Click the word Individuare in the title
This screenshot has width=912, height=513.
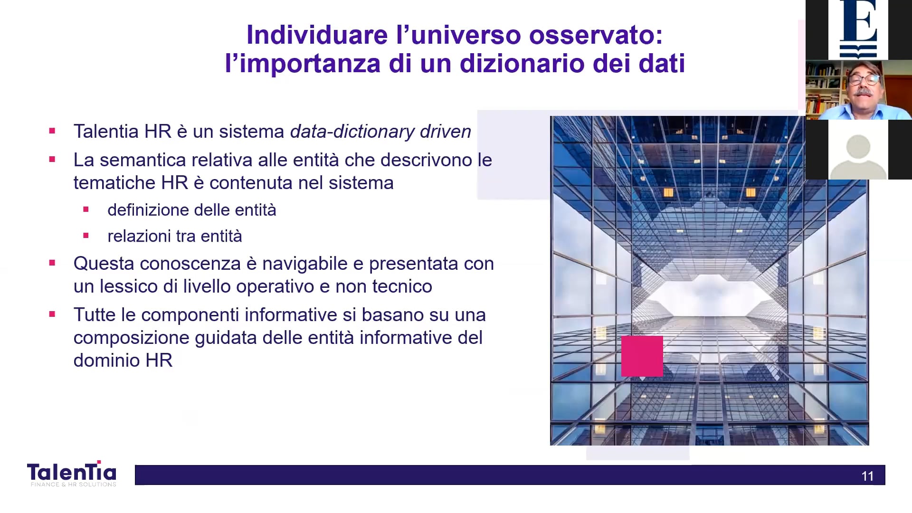[x=317, y=35]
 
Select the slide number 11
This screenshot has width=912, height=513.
[x=867, y=476]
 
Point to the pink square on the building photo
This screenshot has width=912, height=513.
[x=642, y=356]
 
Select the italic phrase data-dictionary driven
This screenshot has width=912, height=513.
[x=380, y=132]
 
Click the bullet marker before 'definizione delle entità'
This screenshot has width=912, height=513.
[x=86, y=209]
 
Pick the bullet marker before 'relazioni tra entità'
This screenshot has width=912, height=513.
[x=86, y=236]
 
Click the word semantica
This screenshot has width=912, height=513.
[x=142, y=160]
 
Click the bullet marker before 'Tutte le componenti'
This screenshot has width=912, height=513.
[x=52, y=314]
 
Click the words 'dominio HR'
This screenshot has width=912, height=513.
[x=123, y=361]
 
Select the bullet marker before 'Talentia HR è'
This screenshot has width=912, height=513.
[x=52, y=131]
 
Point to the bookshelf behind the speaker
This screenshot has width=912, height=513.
[x=825, y=89]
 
